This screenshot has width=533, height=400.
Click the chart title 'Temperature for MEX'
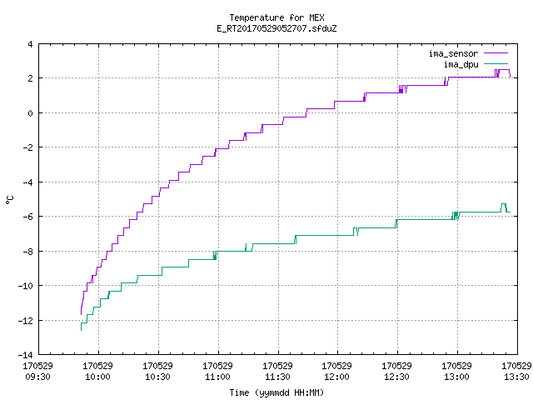[x=276, y=17]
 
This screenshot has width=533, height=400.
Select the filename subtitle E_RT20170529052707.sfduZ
[x=276, y=28]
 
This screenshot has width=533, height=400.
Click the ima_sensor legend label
[x=453, y=53]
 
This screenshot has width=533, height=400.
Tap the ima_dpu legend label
[x=461, y=64]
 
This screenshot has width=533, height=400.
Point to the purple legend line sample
[x=496, y=53]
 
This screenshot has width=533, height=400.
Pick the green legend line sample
[x=496, y=64]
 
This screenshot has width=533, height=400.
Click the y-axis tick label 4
[x=30, y=44]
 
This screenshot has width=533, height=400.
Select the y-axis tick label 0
[x=30, y=113]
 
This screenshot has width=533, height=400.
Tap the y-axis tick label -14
[x=26, y=355]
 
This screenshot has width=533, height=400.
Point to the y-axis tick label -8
[x=27, y=252]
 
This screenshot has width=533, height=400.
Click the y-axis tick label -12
[x=26, y=320]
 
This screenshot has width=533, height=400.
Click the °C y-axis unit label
[x=9, y=200]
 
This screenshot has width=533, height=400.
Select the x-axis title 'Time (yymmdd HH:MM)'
[x=276, y=392]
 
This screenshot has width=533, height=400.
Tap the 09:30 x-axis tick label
[x=37, y=377]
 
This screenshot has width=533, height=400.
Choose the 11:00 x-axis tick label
[x=217, y=377]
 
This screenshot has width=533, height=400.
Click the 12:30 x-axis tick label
[x=396, y=377]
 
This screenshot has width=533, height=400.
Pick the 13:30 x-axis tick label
[x=516, y=377]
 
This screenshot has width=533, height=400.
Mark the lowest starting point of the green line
[x=81, y=330]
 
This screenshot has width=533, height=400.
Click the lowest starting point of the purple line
[x=81, y=315]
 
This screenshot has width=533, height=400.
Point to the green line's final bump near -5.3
[x=504, y=204]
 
